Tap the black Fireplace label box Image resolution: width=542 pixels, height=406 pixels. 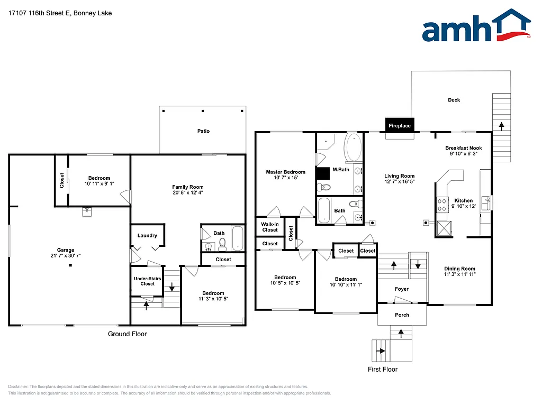coord(400,126)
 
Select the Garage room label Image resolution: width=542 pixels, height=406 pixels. coord(66,250)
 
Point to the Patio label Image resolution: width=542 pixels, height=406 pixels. coord(203,131)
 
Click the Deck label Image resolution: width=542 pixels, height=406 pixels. coord(454,100)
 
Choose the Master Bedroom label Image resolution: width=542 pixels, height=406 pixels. coord(285,172)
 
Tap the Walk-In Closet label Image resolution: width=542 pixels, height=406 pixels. coord(269,227)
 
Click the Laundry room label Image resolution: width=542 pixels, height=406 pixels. coord(147,235)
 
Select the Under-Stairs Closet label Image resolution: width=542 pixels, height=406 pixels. coord(147,281)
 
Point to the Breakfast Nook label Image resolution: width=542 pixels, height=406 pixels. coord(463,148)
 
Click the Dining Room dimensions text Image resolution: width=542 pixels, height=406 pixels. coord(459,274)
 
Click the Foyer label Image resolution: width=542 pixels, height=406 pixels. coord(401,289)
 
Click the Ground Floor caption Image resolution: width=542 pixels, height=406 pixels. coord(127,334)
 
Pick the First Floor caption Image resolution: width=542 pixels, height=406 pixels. coord(382,369)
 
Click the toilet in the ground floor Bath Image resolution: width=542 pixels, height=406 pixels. coord(222,244)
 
